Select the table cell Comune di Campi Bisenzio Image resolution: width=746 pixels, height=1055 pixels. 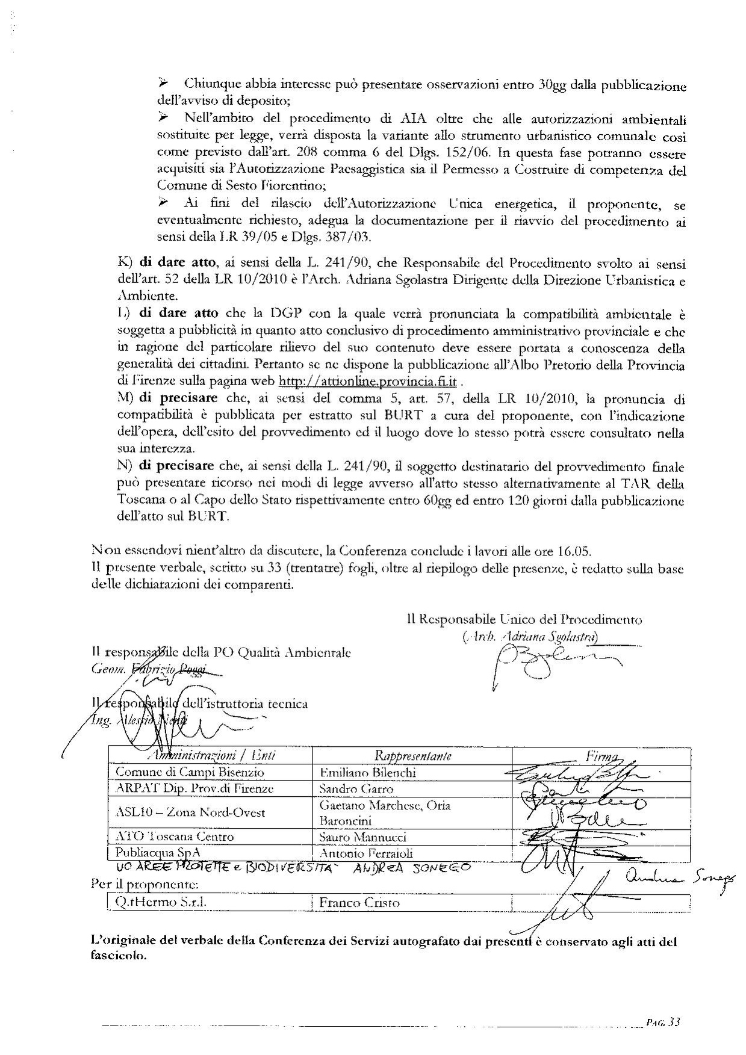point(190,772)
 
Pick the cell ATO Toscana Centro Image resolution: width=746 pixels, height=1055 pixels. point(175,837)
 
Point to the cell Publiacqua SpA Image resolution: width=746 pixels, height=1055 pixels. point(158,853)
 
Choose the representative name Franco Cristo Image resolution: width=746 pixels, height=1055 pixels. point(359,902)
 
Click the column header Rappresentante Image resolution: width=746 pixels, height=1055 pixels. point(413,756)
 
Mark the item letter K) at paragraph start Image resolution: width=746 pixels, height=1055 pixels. point(125,263)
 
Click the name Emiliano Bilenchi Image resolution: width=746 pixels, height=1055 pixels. point(367,772)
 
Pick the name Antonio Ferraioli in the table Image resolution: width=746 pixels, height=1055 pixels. point(366,853)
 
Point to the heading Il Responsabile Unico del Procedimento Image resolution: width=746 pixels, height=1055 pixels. point(524,619)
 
